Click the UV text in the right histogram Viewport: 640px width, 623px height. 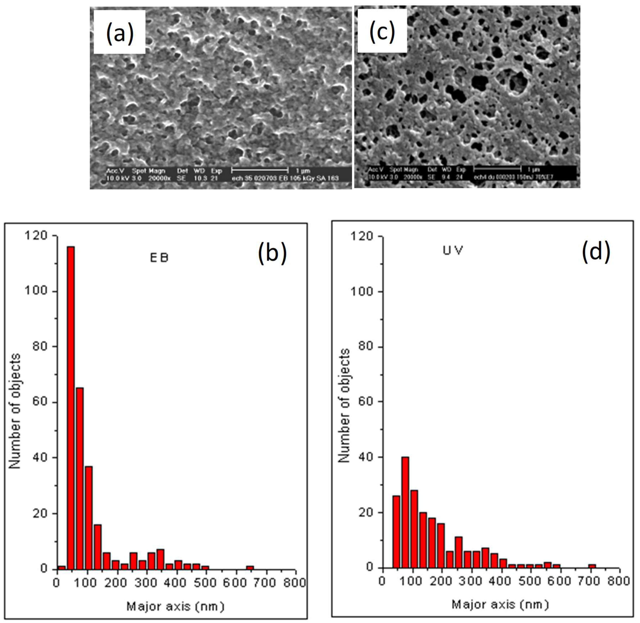coord(453,251)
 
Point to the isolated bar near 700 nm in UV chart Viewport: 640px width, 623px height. coord(592,566)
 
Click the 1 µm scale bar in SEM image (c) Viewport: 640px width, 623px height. coord(497,169)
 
